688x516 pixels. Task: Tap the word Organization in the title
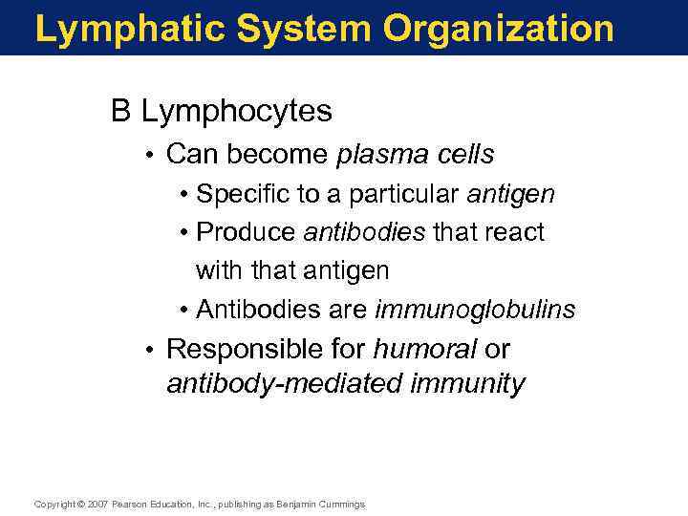point(499,29)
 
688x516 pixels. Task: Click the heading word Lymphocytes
point(237,112)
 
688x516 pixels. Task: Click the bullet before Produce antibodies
point(183,232)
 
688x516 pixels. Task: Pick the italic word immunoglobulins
point(475,310)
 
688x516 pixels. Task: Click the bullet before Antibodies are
point(183,310)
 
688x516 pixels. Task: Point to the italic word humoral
point(424,350)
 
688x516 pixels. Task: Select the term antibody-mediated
point(284,384)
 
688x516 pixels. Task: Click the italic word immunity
point(467,384)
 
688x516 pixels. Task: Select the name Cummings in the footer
point(342,505)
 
